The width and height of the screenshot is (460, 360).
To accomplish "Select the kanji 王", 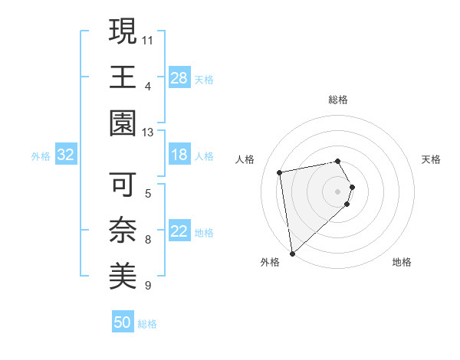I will [123, 77].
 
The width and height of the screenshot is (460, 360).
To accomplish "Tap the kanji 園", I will [123, 123].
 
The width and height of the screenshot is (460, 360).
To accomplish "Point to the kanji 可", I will [123, 185].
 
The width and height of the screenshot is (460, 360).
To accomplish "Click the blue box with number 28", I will [179, 78].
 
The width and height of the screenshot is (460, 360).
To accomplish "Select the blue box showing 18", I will [179, 155].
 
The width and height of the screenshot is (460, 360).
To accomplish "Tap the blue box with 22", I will [179, 232].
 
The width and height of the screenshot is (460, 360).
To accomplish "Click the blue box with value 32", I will [66, 155].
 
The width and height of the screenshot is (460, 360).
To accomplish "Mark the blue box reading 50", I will [123, 322].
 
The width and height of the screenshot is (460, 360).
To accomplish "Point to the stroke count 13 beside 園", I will [148, 132].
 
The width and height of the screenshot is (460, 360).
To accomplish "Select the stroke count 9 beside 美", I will [147, 286].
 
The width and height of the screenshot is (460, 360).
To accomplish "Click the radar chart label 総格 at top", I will [338, 100].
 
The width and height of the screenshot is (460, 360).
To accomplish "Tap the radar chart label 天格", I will [432, 159].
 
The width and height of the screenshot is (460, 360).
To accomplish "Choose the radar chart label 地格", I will [402, 263].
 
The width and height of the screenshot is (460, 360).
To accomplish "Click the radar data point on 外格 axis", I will [292, 254].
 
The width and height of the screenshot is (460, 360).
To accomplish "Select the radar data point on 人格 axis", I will [280, 172].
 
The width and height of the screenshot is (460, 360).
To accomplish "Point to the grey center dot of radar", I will [338, 191].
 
